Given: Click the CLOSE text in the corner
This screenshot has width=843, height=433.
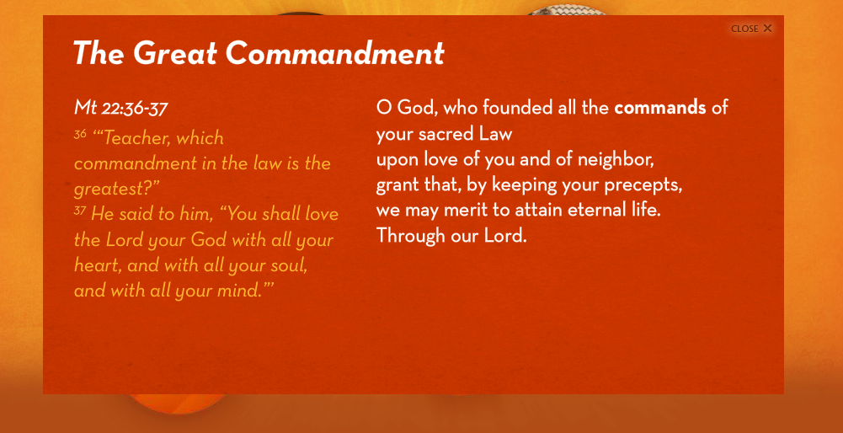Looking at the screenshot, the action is tap(744, 29).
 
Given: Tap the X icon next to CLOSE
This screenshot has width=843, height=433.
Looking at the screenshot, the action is tap(767, 29).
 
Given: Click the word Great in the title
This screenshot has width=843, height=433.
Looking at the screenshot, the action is tap(174, 53).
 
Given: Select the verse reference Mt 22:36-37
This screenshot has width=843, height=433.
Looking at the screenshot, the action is tap(121, 108).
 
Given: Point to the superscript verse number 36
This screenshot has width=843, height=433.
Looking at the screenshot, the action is tap(80, 134).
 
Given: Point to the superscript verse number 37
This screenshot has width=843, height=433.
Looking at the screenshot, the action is tap(80, 211).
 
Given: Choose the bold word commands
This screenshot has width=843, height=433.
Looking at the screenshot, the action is tap(660, 108).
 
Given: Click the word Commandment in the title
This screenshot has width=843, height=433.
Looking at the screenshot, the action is tap(335, 53).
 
